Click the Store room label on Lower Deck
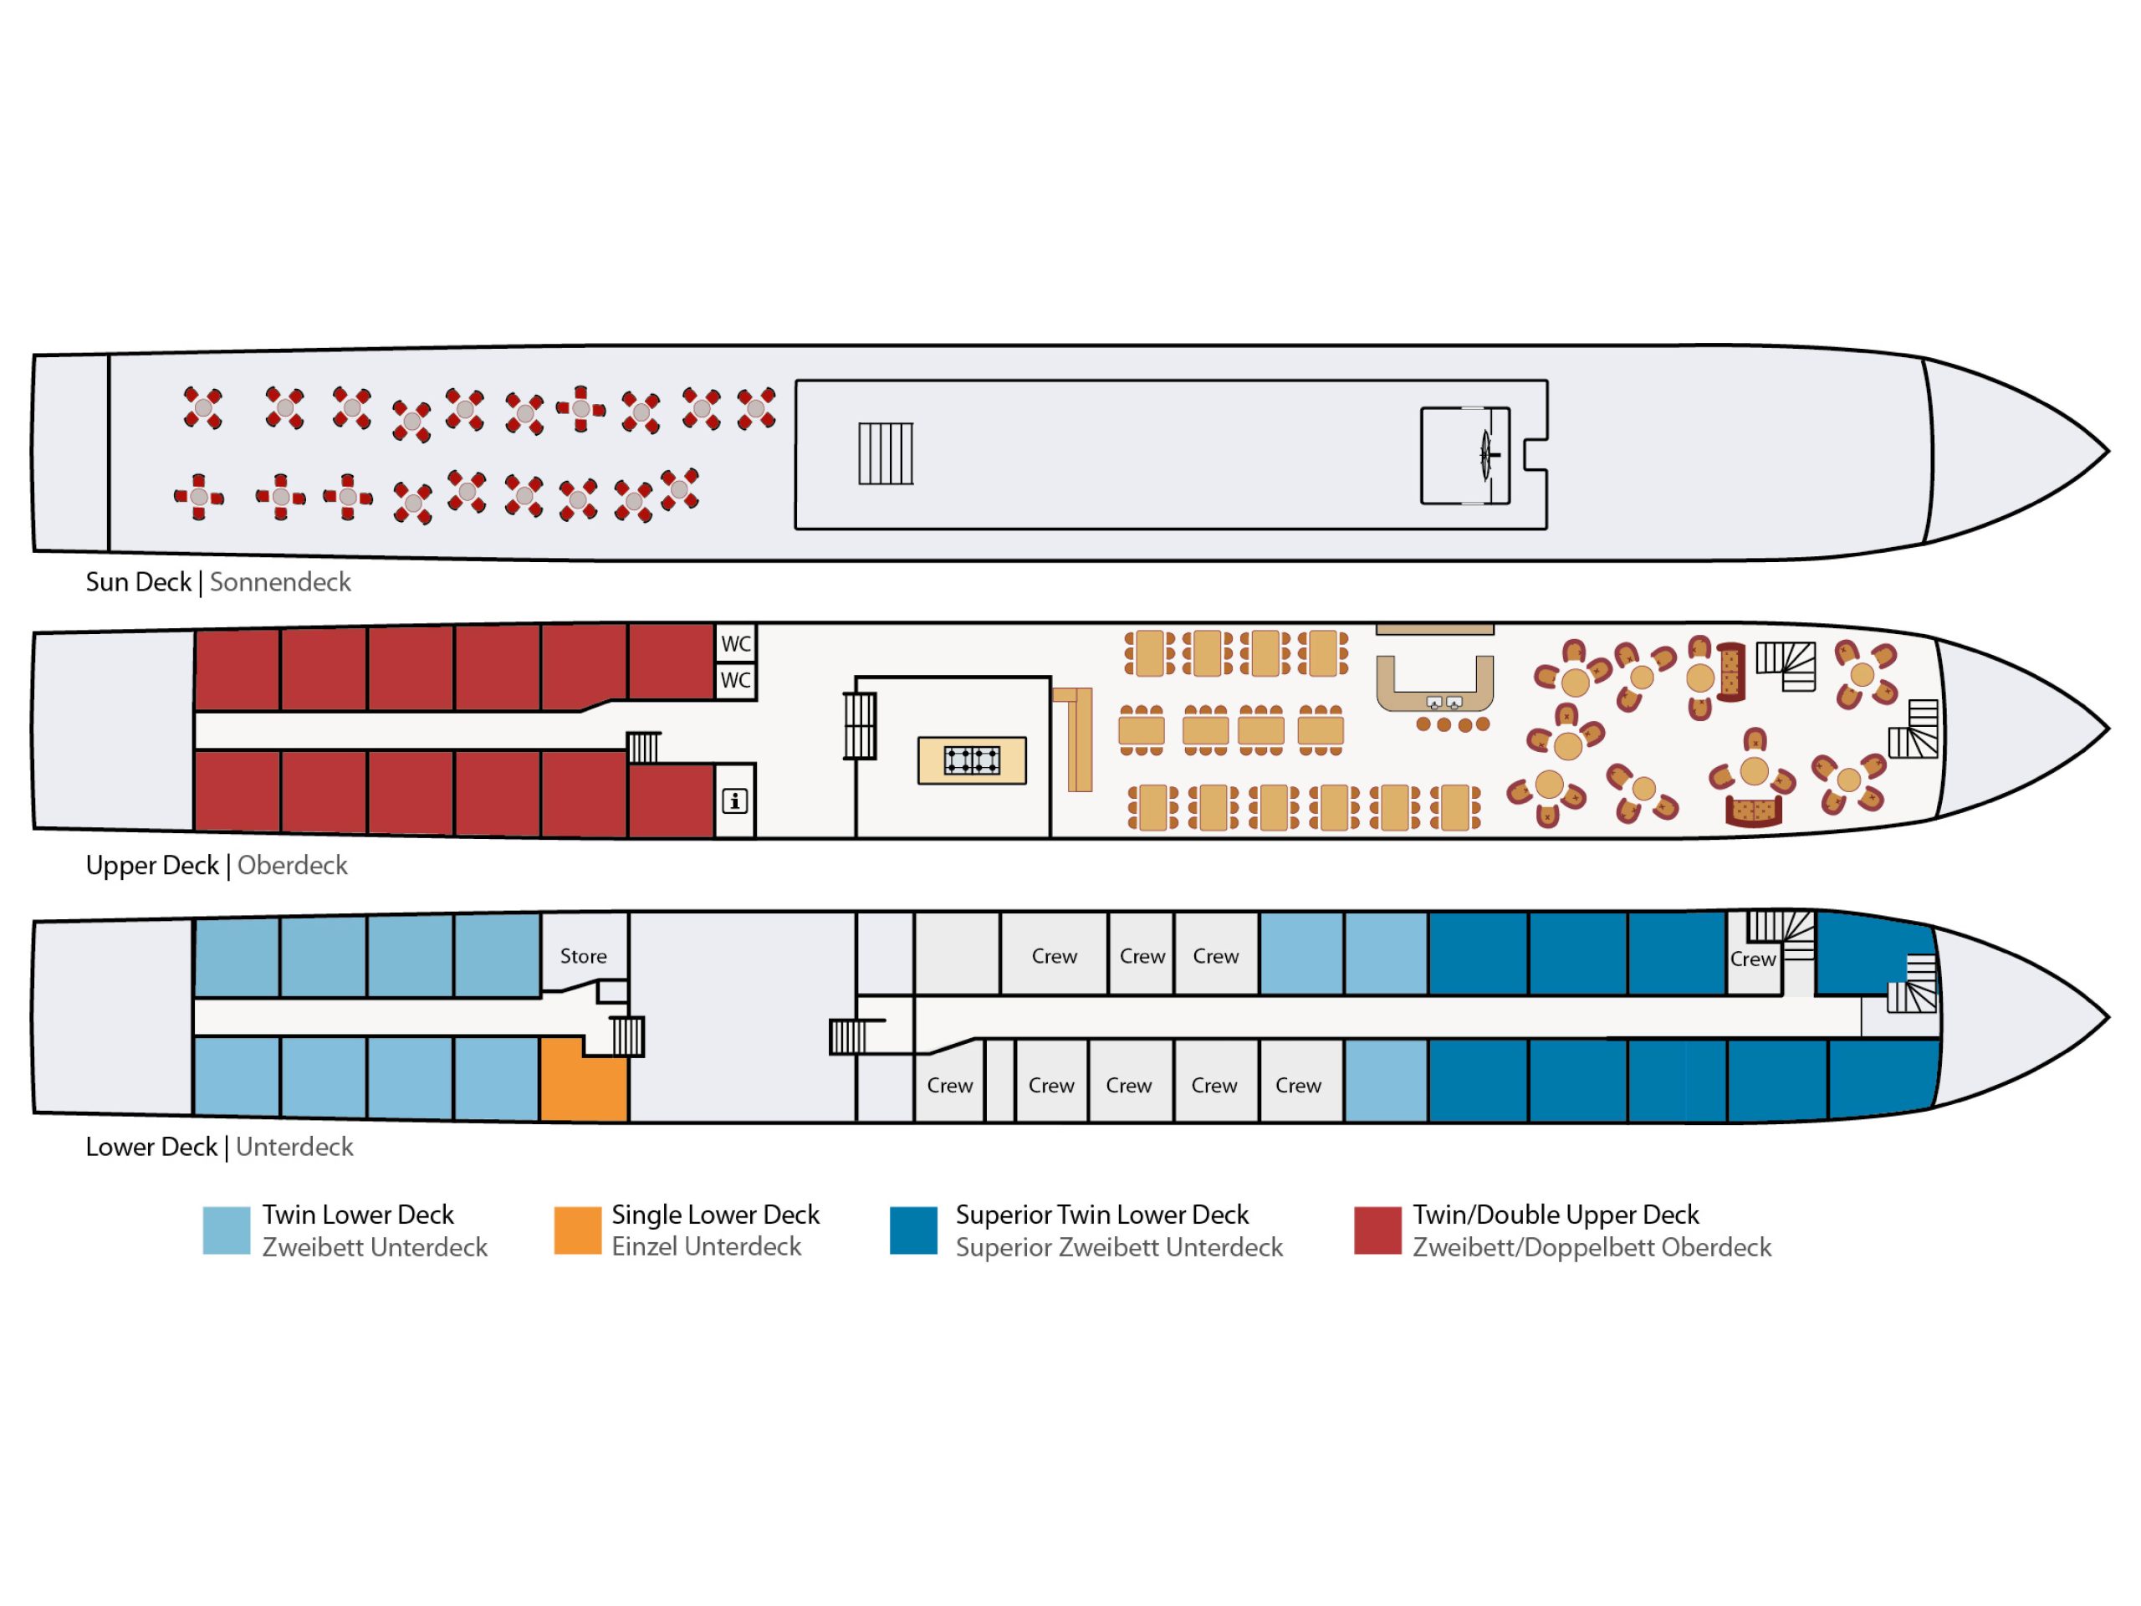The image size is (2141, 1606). pyautogui.click(x=583, y=956)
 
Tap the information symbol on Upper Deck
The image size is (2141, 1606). pyautogui.click(x=734, y=801)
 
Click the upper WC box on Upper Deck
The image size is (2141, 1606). pyautogui.click(x=736, y=644)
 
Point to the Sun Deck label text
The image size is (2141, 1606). pyautogui.click(x=138, y=583)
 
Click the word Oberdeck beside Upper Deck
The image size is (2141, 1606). pyautogui.click(x=293, y=866)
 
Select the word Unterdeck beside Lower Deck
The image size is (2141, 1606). pyautogui.click(x=294, y=1147)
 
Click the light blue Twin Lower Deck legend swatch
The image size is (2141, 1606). pyautogui.click(x=227, y=1230)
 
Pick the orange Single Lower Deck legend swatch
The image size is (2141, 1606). pyautogui.click(x=577, y=1230)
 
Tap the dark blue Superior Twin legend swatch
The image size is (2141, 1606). pyautogui.click(x=914, y=1230)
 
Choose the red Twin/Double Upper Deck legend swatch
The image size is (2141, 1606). pyautogui.click(x=1377, y=1230)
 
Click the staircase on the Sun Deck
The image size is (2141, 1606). pyautogui.click(x=886, y=454)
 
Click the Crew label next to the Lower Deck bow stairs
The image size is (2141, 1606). pyautogui.click(x=1753, y=959)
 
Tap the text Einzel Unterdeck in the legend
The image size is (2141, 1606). pyautogui.click(x=707, y=1247)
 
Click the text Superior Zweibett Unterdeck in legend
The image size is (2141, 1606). pyautogui.click(x=1119, y=1248)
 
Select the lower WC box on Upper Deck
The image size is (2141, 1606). pyautogui.click(x=736, y=681)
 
